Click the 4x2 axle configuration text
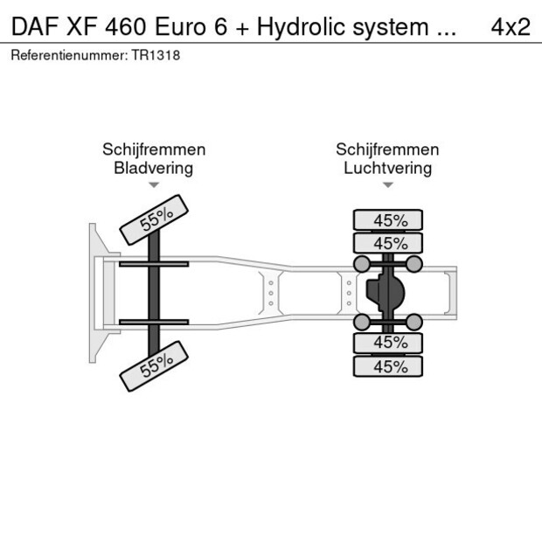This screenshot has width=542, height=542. pos(511,26)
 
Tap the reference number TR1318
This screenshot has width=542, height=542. pos(156,55)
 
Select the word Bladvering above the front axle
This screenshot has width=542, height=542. pos(154,168)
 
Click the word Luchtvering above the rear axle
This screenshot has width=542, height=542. pos(387,168)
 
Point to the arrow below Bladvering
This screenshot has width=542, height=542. pos(154,185)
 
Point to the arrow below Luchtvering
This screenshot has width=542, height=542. pos(387,185)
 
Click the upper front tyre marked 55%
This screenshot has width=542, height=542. pos(154,223)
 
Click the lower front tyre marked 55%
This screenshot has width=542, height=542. pos(154,365)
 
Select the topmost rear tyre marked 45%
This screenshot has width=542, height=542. pos(387,220)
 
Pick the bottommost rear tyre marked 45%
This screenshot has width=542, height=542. pos(387,367)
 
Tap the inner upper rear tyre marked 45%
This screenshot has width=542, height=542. pos(387,243)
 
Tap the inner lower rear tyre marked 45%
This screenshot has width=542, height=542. pos(387,343)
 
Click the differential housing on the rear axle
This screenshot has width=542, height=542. pos(386,293)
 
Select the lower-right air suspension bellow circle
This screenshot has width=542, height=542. pos(415,323)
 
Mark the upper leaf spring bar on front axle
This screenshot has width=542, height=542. pos(154,263)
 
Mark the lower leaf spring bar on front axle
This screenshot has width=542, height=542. pos(154,323)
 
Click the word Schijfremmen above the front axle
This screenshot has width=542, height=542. pos(154,149)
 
